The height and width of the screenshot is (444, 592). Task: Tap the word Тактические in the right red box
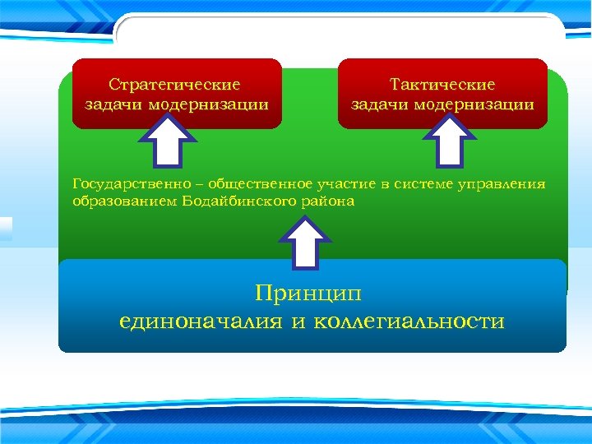442,85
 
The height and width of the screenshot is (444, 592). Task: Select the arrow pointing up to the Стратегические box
170,141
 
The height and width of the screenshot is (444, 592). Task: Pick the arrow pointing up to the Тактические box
450,141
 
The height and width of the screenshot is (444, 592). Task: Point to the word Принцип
308,293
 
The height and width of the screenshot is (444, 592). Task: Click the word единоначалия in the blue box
201,321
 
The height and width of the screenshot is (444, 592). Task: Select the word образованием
115,201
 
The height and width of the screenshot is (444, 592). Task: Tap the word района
331,201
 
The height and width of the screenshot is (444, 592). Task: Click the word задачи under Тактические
380,104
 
